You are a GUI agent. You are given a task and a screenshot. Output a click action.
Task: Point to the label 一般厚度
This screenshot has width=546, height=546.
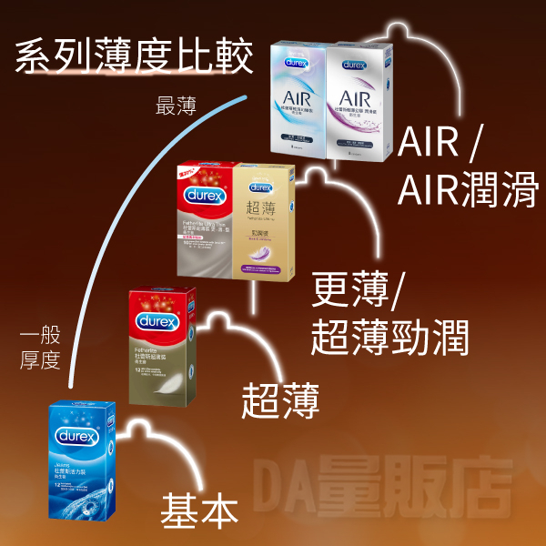[x=40, y=348]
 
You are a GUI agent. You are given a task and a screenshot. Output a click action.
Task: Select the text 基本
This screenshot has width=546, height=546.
[x=200, y=510]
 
